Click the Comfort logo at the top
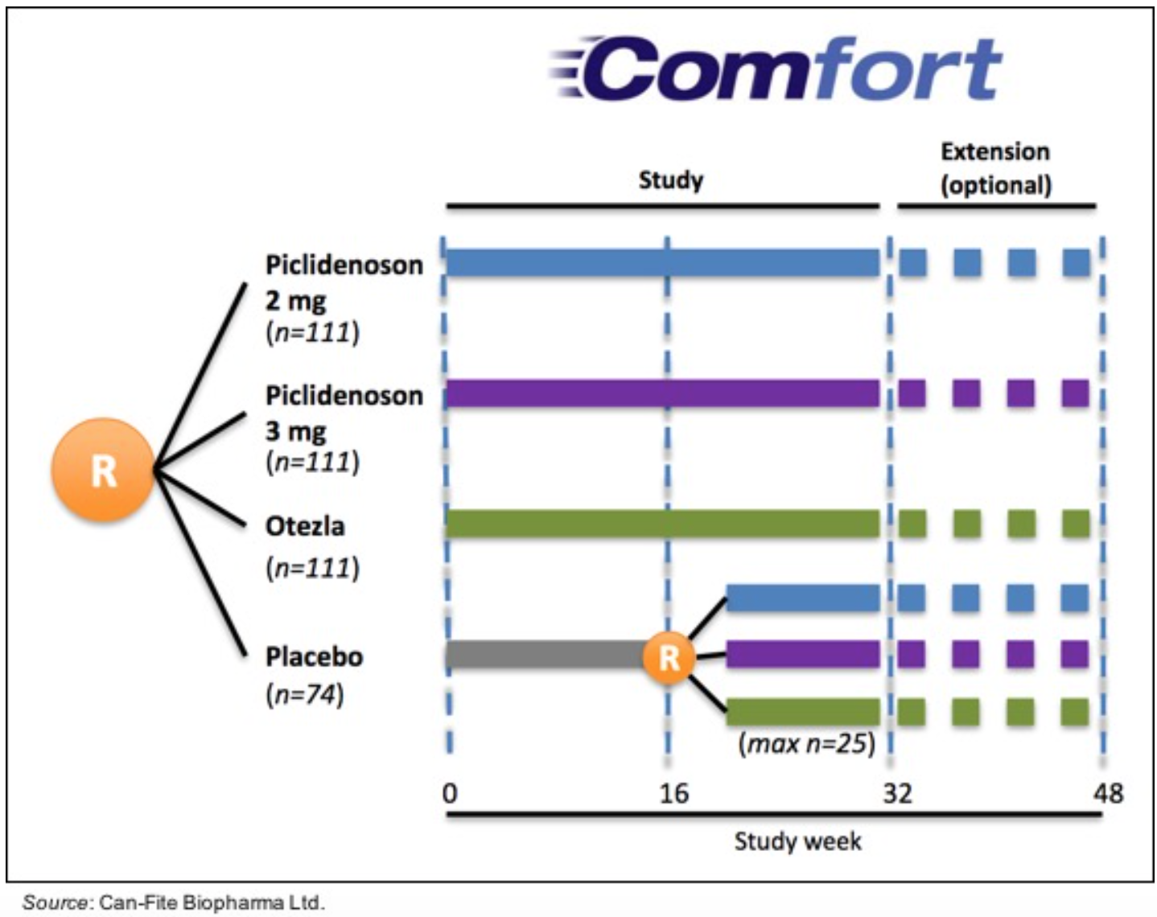click(x=776, y=69)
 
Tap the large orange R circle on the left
click(x=102, y=470)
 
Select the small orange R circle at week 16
click(x=669, y=657)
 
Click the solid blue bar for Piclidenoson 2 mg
click(x=661, y=263)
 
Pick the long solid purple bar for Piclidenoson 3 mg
click(x=661, y=393)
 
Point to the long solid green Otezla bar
click(x=661, y=524)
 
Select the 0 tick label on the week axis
click(x=450, y=793)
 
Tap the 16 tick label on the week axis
click(x=673, y=793)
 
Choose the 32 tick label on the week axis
click(x=897, y=793)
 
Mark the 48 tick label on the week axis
click(x=1107, y=793)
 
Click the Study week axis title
click(x=797, y=841)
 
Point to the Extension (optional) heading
click(x=995, y=168)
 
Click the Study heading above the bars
click(x=670, y=179)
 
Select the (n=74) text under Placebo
click(x=305, y=693)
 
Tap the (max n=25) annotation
click(x=806, y=742)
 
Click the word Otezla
click(x=305, y=526)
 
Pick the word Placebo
click(x=314, y=656)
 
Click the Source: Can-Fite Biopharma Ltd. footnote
click(x=173, y=902)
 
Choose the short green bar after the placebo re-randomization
click(x=803, y=712)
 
